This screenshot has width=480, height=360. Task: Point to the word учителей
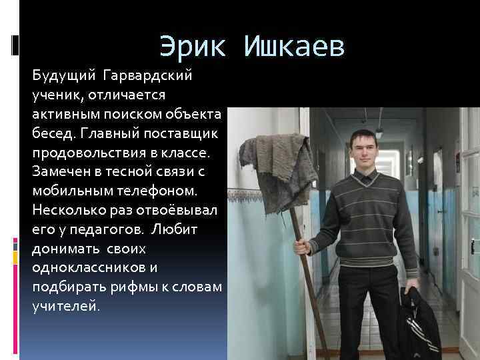coord(65,307)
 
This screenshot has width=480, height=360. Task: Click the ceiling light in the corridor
coord(379,131)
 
